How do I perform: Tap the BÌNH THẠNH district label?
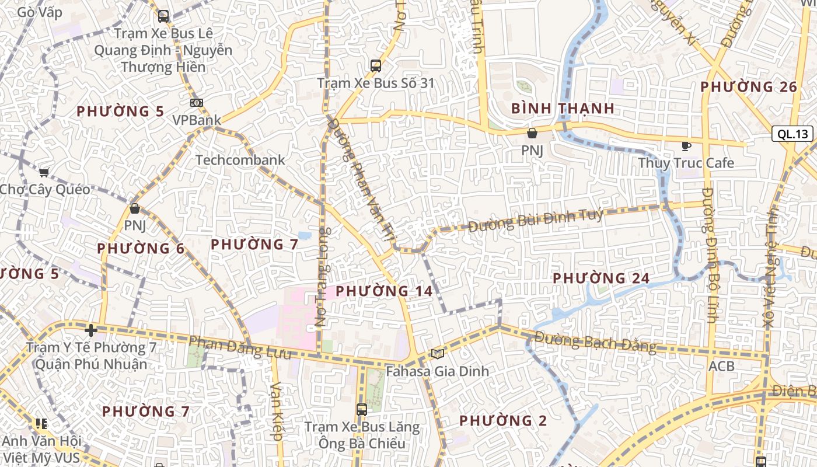(563, 108)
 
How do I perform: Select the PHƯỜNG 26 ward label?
(748, 87)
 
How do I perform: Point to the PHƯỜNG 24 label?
(600, 278)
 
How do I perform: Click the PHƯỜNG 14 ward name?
(384, 290)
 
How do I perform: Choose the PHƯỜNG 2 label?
(503, 420)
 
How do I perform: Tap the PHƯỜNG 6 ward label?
(141, 248)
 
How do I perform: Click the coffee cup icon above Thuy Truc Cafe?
(686, 146)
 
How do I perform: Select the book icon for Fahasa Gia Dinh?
(437, 354)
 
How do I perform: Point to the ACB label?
(721, 367)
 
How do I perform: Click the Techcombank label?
(240, 160)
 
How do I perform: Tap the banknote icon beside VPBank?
(197, 103)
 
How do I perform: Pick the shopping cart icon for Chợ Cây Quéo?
(44, 172)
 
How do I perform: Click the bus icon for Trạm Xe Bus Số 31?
(376, 66)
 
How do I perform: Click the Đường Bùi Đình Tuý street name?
(536, 220)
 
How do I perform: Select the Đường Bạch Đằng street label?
(595, 341)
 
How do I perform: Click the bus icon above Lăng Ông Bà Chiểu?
(362, 410)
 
